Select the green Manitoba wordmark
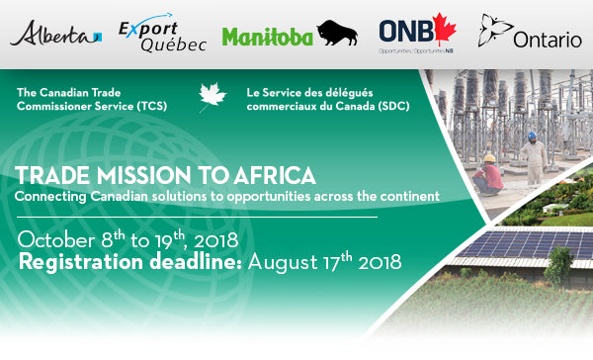[267, 38]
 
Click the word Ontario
[548, 40]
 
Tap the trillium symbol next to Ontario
[493, 30]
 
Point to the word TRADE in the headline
[46, 176]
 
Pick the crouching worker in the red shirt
[489, 175]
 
